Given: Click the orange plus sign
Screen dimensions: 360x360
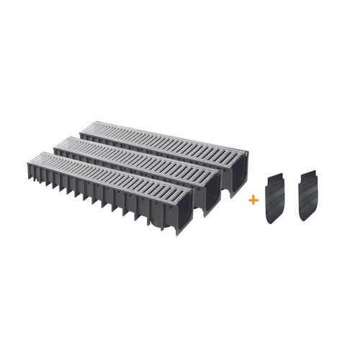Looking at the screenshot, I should (253, 199).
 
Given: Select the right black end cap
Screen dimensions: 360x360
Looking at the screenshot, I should (308, 196).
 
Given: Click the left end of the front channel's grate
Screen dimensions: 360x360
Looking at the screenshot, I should (36, 158).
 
